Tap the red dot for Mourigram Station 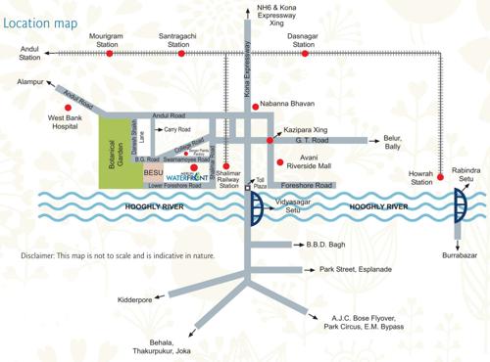110,54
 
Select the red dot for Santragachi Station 178,54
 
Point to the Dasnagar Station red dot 305,54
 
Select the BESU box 153,172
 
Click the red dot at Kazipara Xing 269,141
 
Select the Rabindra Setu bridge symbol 460,206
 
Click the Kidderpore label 135,299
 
